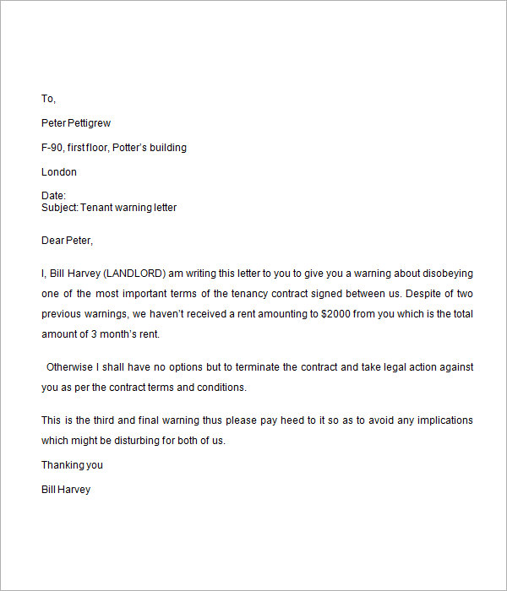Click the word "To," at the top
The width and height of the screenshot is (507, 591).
coord(48,99)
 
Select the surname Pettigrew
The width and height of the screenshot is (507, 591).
coord(91,123)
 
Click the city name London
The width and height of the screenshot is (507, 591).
coord(59,172)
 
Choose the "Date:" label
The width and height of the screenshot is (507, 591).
coord(53,196)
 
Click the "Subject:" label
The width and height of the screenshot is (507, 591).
coord(59,208)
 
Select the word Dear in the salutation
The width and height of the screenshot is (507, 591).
coord(52,241)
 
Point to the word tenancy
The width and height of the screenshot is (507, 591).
coord(227,294)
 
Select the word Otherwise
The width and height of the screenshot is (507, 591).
coord(72,367)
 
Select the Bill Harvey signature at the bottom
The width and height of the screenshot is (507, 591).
coord(66,490)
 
